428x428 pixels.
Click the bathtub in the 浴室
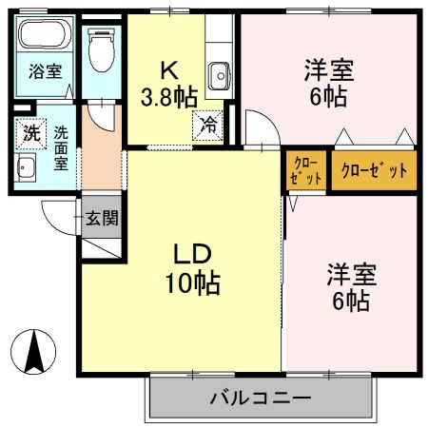pos(42,39)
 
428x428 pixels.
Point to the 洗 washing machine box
pos(30,134)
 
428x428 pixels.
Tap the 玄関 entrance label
pos(103,219)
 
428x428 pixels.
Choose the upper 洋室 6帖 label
pos(328,83)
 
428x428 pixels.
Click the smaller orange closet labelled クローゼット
pos(306,171)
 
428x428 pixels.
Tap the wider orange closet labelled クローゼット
pos(374,171)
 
